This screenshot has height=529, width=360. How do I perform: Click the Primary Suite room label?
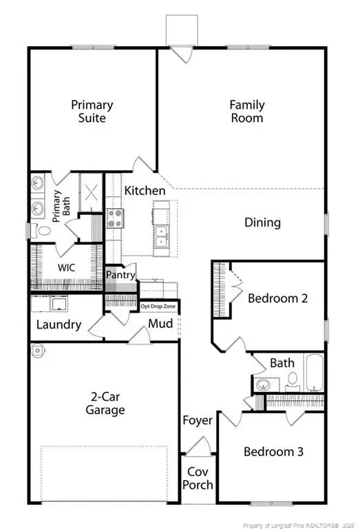[92, 111]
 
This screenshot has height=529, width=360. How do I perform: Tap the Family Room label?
[246, 111]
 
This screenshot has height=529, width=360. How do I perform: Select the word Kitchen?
[145, 191]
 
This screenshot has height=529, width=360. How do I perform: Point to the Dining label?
[262, 222]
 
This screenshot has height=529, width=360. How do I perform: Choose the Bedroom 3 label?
[273, 452]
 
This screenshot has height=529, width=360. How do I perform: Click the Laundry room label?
[59, 324]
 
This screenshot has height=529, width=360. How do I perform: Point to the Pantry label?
[120, 275]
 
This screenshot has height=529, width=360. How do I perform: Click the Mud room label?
[160, 324]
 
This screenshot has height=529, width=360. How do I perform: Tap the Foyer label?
[198, 420]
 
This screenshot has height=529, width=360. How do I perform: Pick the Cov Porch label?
[198, 477]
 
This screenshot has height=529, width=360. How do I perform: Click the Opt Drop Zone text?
[158, 306]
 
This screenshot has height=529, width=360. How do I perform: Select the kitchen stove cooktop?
[114, 219]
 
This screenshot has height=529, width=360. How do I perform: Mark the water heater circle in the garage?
[38, 350]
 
